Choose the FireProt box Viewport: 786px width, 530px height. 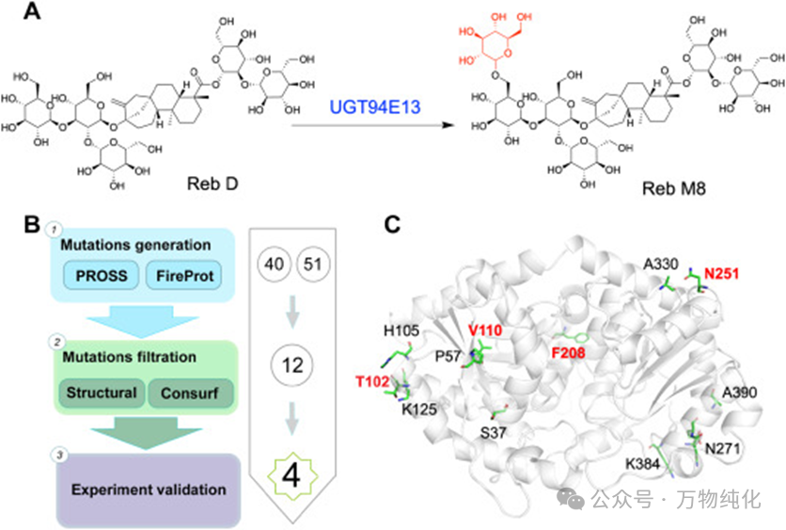click(181, 276)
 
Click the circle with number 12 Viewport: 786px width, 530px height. click(293, 364)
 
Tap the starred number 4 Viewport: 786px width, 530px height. click(292, 474)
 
